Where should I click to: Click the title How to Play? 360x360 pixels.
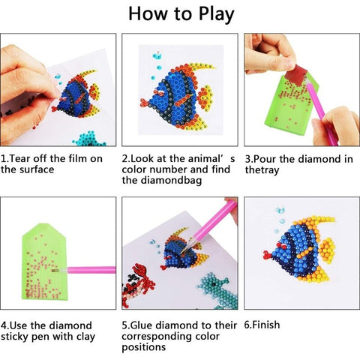tap(180, 14)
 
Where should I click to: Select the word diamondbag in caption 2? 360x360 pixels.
tap(173, 180)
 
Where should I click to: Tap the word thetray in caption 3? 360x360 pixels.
tap(262, 169)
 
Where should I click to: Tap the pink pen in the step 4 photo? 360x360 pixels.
tap(93, 268)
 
